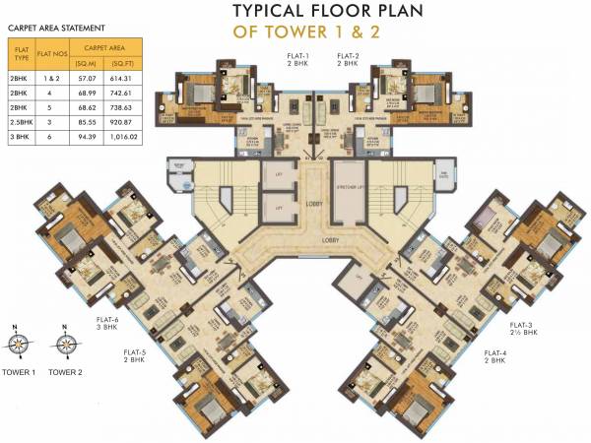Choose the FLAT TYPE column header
pyautogui.click(x=19, y=53)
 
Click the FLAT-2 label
pyautogui.click(x=346, y=57)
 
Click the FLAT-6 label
pyautogui.click(x=107, y=321)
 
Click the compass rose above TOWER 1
pyautogui.click(x=18, y=344)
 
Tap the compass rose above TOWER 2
pyautogui.click(x=65, y=344)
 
